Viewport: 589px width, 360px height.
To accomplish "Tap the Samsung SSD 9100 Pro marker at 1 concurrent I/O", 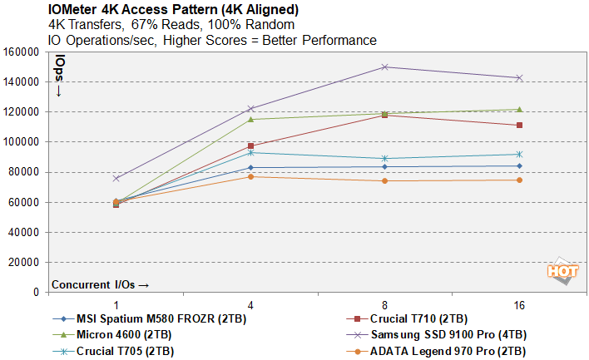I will pos(116,178).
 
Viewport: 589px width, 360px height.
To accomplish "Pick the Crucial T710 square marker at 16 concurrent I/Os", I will pos(519,126).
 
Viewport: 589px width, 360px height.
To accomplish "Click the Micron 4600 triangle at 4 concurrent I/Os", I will pos(250,119).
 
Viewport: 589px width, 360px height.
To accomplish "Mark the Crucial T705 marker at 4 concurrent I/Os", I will pos(250,152).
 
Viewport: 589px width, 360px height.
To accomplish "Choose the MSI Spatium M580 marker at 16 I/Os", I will pos(519,165).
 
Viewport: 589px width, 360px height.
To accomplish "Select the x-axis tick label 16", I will pos(519,305).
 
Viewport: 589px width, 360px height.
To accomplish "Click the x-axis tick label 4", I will pos(250,305).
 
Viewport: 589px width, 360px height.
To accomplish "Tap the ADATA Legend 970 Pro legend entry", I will pos(450,350).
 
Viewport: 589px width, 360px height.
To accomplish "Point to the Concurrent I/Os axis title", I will pos(101,284).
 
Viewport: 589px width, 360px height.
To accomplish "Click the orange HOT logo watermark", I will pos(562,273).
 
